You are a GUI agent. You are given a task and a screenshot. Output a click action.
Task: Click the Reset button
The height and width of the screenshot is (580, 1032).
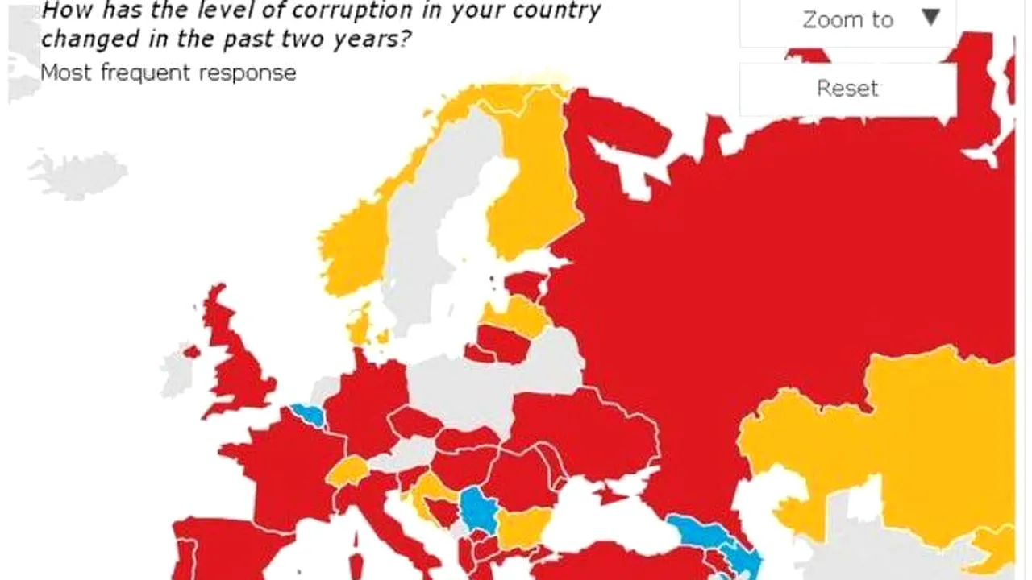tap(847, 88)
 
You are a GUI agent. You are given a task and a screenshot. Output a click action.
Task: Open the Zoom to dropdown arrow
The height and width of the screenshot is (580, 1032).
tap(931, 18)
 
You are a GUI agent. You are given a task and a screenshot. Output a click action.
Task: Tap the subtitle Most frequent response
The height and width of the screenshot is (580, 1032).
tap(168, 72)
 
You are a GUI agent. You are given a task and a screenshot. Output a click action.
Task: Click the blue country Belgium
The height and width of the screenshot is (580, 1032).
tap(307, 415)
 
